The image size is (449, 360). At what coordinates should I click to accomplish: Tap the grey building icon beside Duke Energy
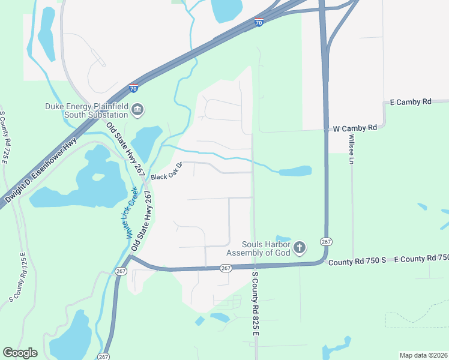pyautogui.click(x=137, y=110)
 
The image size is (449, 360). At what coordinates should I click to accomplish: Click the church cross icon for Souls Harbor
pyautogui.click(x=300, y=248)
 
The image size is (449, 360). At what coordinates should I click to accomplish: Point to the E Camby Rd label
pyautogui.click(x=411, y=102)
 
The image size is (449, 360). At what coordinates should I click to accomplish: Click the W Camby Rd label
pyautogui.click(x=354, y=128)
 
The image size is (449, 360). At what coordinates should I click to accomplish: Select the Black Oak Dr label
pyautogui.click(x=166, y=173)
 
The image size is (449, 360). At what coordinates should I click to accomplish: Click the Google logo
pyautogui.click(x=20, y=353)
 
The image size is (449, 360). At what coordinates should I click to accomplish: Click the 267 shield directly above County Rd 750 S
pyautogui.click(x=326, y=241)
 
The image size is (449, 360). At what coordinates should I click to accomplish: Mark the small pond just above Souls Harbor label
pyautogui.click(x=283, y=238)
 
